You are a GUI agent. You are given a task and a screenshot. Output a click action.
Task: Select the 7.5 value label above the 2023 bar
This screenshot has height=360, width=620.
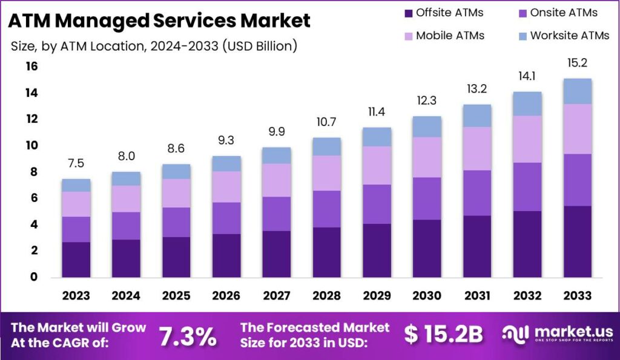[76, 164]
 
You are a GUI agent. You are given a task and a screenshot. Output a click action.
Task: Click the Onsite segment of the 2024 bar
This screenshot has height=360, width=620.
[126, 226]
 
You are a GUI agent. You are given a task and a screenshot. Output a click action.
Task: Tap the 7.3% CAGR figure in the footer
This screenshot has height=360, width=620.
[187, 336]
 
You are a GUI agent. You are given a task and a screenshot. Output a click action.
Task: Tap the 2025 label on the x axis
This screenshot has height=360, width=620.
[176, 295]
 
